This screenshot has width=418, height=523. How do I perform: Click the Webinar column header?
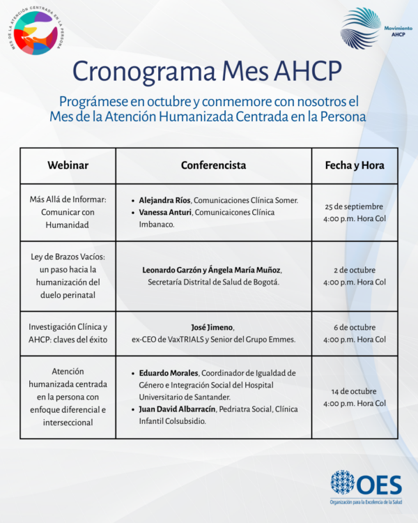(x=68, y=166)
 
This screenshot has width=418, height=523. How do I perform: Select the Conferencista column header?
(x=213, y=166)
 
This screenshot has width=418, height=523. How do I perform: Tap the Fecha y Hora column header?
(x=355, y=166)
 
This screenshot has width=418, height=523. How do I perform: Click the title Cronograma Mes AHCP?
(x=208, y=70)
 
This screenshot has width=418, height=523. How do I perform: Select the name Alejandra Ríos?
(x=164, y=200)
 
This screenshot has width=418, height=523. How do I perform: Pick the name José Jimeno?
(x=213, y=328)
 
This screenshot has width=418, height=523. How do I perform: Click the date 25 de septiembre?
(x=355, y=206)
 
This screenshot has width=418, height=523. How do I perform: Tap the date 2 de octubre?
(x=355, y=270)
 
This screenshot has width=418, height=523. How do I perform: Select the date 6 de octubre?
(x=355, y=328)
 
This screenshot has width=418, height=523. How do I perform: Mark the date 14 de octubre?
(x=355, y=391)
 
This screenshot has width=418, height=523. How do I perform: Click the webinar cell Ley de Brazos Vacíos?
(x=68, y=276)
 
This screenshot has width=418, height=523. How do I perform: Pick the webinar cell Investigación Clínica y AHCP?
(x=68, y=333)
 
